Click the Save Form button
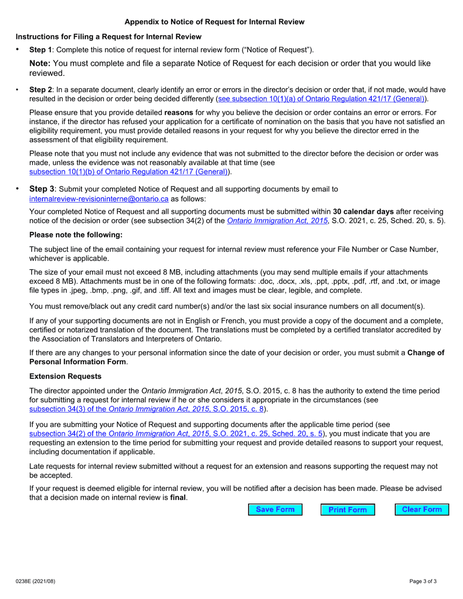[275, 509]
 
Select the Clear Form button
[422, 509]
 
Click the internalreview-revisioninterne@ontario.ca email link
[99, 199]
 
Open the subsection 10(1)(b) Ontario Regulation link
[129, 171]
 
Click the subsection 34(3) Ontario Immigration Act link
[147, 409]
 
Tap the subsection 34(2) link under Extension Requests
[176, 433]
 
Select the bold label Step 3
[42, 189]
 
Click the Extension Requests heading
[65, 376]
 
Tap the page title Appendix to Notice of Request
[214, 22]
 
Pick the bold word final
[178, 498]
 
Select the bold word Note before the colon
[39, 63]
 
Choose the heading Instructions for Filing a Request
[108, 37]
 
